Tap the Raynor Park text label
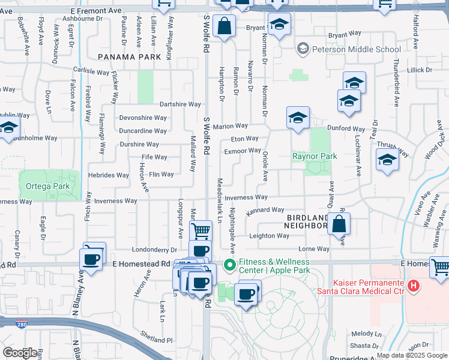point(315,156)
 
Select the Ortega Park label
point(47,187)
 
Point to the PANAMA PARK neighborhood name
point(129,56)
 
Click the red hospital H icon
point(413,286)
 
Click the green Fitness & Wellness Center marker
point(229,265)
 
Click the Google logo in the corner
point(20,352)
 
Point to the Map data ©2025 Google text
point(412,355)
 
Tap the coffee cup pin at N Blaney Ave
point(91,259)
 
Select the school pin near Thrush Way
point(387,160)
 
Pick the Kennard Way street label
point(265,210)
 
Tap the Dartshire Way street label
point(179,104)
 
